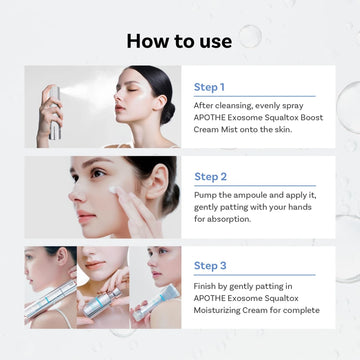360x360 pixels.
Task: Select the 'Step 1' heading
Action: pyautogui.click(x=211, y=86)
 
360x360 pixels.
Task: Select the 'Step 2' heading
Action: pyautogui.click(x=211, y=175)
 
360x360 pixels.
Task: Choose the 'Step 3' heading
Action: pyautogui.click(x=211, y=265)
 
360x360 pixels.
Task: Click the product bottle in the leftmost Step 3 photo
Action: pyautogui.click(x=51, y=296)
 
